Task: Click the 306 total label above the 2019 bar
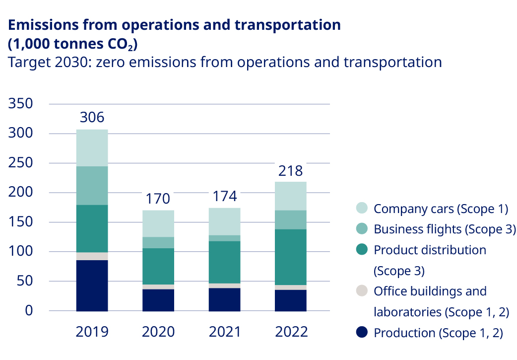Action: point(92,118)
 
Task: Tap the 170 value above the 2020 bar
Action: point(158,199)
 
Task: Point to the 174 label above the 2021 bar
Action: point(224,197)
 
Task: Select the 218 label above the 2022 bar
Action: point(290,171)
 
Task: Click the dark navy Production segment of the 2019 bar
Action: point(92,285)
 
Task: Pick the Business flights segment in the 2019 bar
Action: point(92,185)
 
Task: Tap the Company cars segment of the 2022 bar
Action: point(290,196)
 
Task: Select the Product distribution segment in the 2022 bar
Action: point(290,257)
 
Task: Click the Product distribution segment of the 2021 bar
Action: point(224,262)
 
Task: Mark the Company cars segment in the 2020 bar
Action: point(158,223)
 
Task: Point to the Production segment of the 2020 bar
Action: point(158,300)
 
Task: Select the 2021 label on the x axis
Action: point(224,332)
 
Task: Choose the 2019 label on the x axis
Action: point(92,332)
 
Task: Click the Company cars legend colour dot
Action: point(362,209)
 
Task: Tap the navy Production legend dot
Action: point(362,333)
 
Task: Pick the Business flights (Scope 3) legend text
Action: point(441,229)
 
